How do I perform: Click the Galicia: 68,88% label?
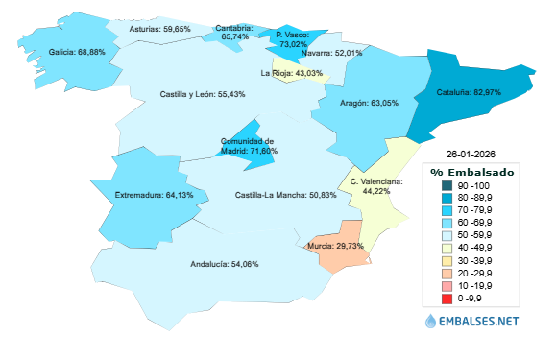click(x=76, y=53)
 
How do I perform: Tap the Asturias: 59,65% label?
click(x=159, y=30)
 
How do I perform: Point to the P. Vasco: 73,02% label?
click(x=292, y=38)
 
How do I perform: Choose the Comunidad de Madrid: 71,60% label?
click(x=249, y=146)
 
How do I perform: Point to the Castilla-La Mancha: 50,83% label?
click(x=285, y=195)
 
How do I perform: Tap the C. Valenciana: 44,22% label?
click(x=375, y=186)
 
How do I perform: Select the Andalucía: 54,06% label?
click(x=224, y=264)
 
